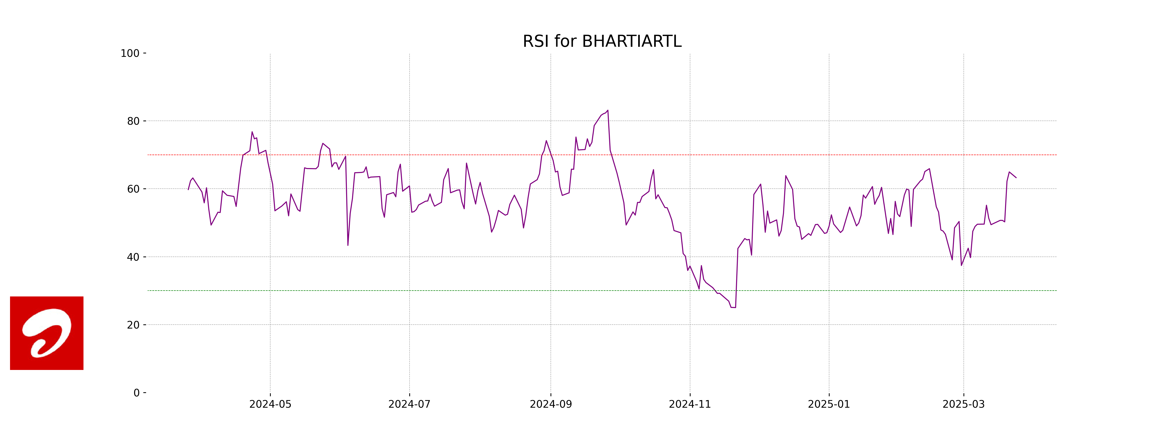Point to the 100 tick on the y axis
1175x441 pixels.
pyautogui.click(x=130, y=53)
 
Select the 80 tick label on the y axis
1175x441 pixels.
pyautogui.click(x=133, y=122)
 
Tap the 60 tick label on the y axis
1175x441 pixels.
pyautogui.click(x=133, y=189)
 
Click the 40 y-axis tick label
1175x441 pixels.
pyautogui.click(x=133, y=257)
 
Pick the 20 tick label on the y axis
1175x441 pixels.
pyautogui.click(x=133, y=325)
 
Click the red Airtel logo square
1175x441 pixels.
pyautogui.click(x=47, y=333)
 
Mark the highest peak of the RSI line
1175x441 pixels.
pyautogui.click(x=608, y=110)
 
